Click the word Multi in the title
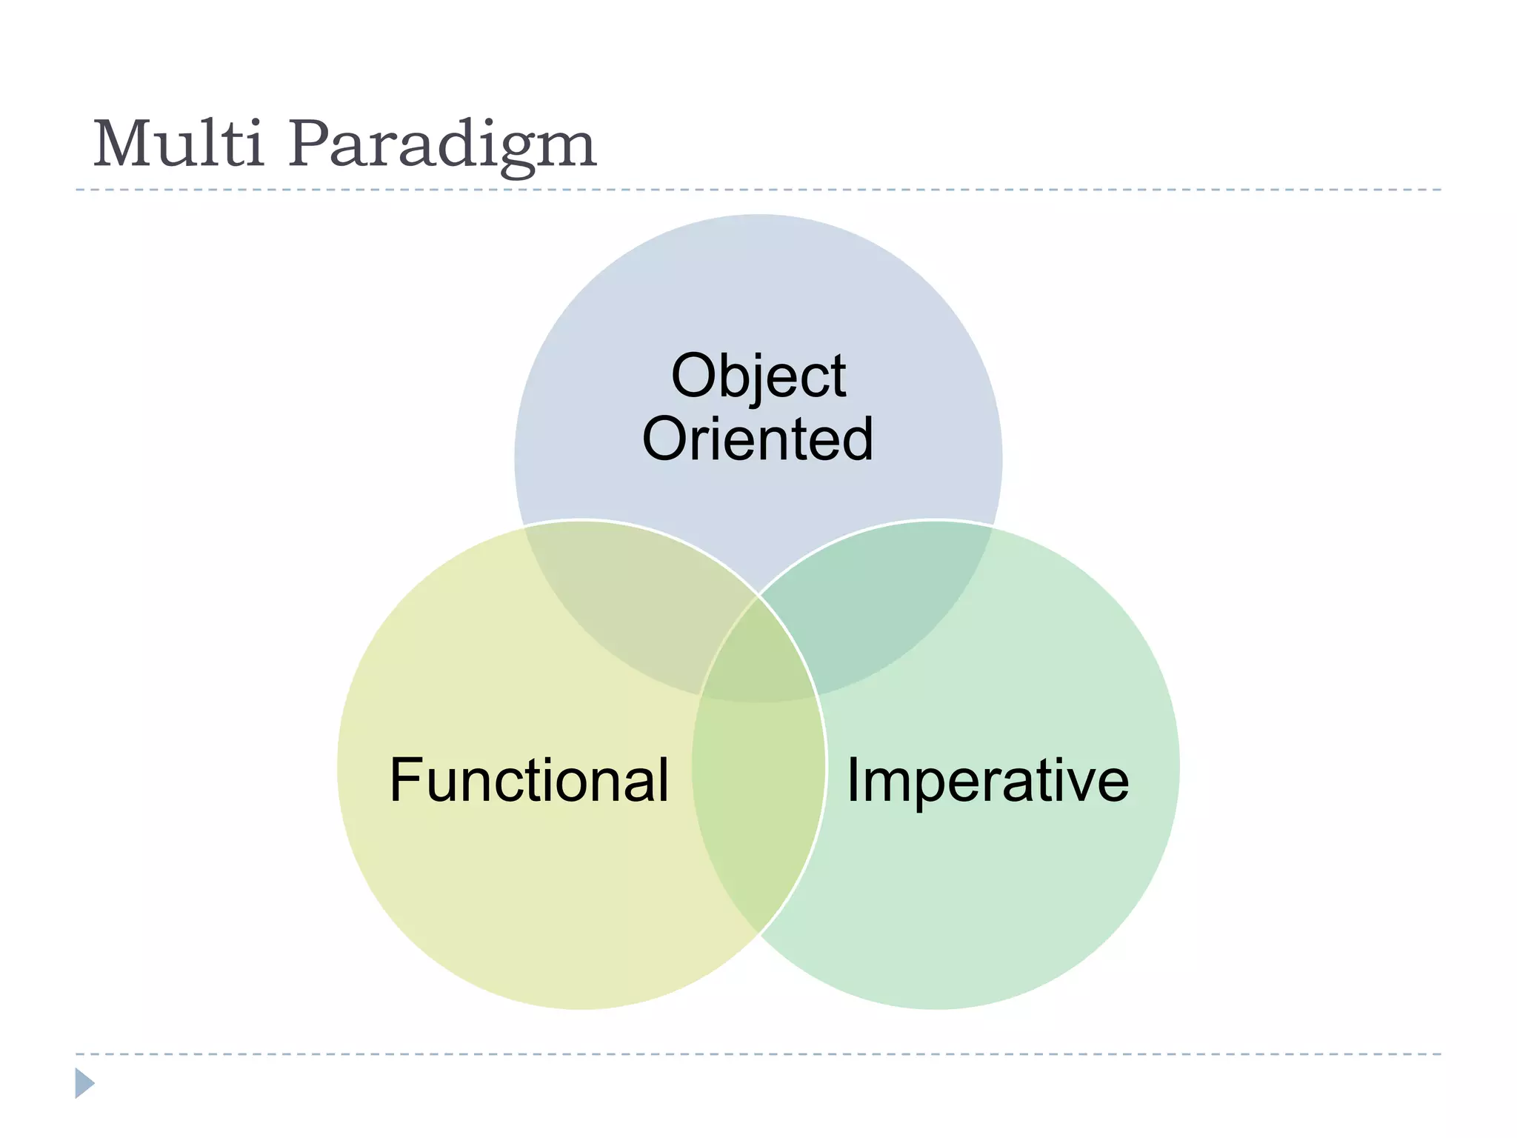tap(178, 144)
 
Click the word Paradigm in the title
tap(442, 146)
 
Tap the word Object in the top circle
tap(758, 376)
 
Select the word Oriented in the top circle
tap(758, 439)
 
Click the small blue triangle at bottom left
tap(84, 1083)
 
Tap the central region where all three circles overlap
tap(758, 652)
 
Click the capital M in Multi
tap(122, 144)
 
